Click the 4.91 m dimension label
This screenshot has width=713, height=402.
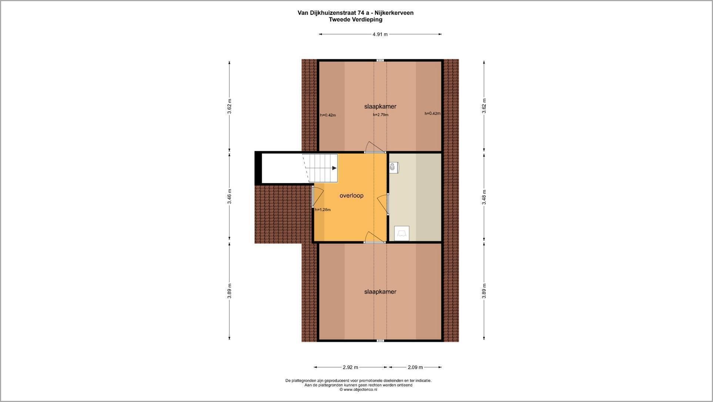(380, 34)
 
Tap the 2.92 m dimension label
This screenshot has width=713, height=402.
(350, 367)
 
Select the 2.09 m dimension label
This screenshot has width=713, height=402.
(415, 367)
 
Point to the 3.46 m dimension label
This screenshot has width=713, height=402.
(230, 197)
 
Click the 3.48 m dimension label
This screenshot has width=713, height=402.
(484, 197)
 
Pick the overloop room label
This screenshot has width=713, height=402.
(351, 195)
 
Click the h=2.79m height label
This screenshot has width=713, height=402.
(381, 115)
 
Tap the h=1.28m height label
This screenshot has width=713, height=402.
(322, 210)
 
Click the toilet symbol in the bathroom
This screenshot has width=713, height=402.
(394, 168)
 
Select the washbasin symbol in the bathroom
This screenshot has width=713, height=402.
(402, 234)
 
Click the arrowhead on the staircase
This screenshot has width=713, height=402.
(334, 168)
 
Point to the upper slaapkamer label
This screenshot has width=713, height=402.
(380, 107)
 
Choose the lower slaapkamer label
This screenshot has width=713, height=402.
(380, 292)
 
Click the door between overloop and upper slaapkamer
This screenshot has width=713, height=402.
(375, 147)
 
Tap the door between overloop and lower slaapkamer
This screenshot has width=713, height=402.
(374, 237)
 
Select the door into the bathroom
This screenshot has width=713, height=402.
(383, 204)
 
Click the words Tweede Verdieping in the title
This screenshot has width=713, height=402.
(355, 20)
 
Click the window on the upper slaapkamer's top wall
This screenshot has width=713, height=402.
(380, 60)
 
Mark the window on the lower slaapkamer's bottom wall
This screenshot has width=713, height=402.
(380, 341)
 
